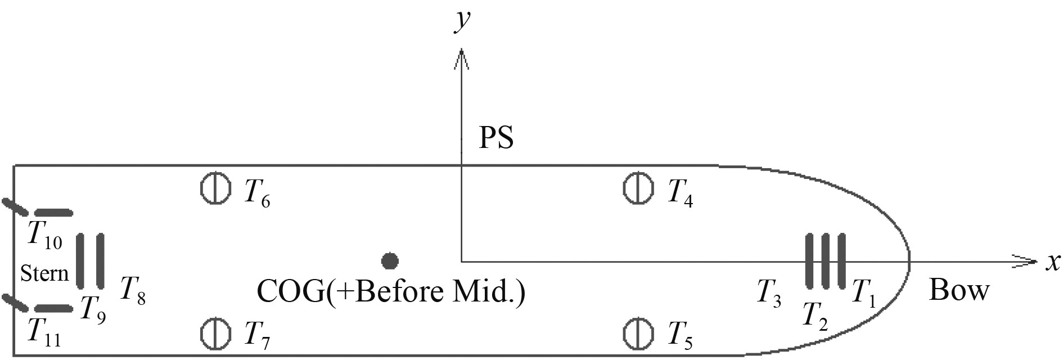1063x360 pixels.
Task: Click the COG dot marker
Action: pyautogui.click(x=390, y=261)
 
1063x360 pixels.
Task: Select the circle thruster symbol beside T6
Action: pyautogui.click(x=215, y=188)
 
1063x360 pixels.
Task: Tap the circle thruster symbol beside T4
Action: pyautogui.click(x=638, y=188)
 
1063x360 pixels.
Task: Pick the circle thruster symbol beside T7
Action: pyautogui.click(x=215, y=333)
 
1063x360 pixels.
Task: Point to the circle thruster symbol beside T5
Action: pyautogui.click(x=638, y=333)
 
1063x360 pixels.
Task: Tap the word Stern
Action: pyautogui.click(x=44, y=273)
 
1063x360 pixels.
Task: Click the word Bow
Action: pyautogui.click(x=959, y=290)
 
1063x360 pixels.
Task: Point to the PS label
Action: pyautogui.click(x=496, y=137)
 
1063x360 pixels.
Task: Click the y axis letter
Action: pyautogui.click(x=462, y=20)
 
